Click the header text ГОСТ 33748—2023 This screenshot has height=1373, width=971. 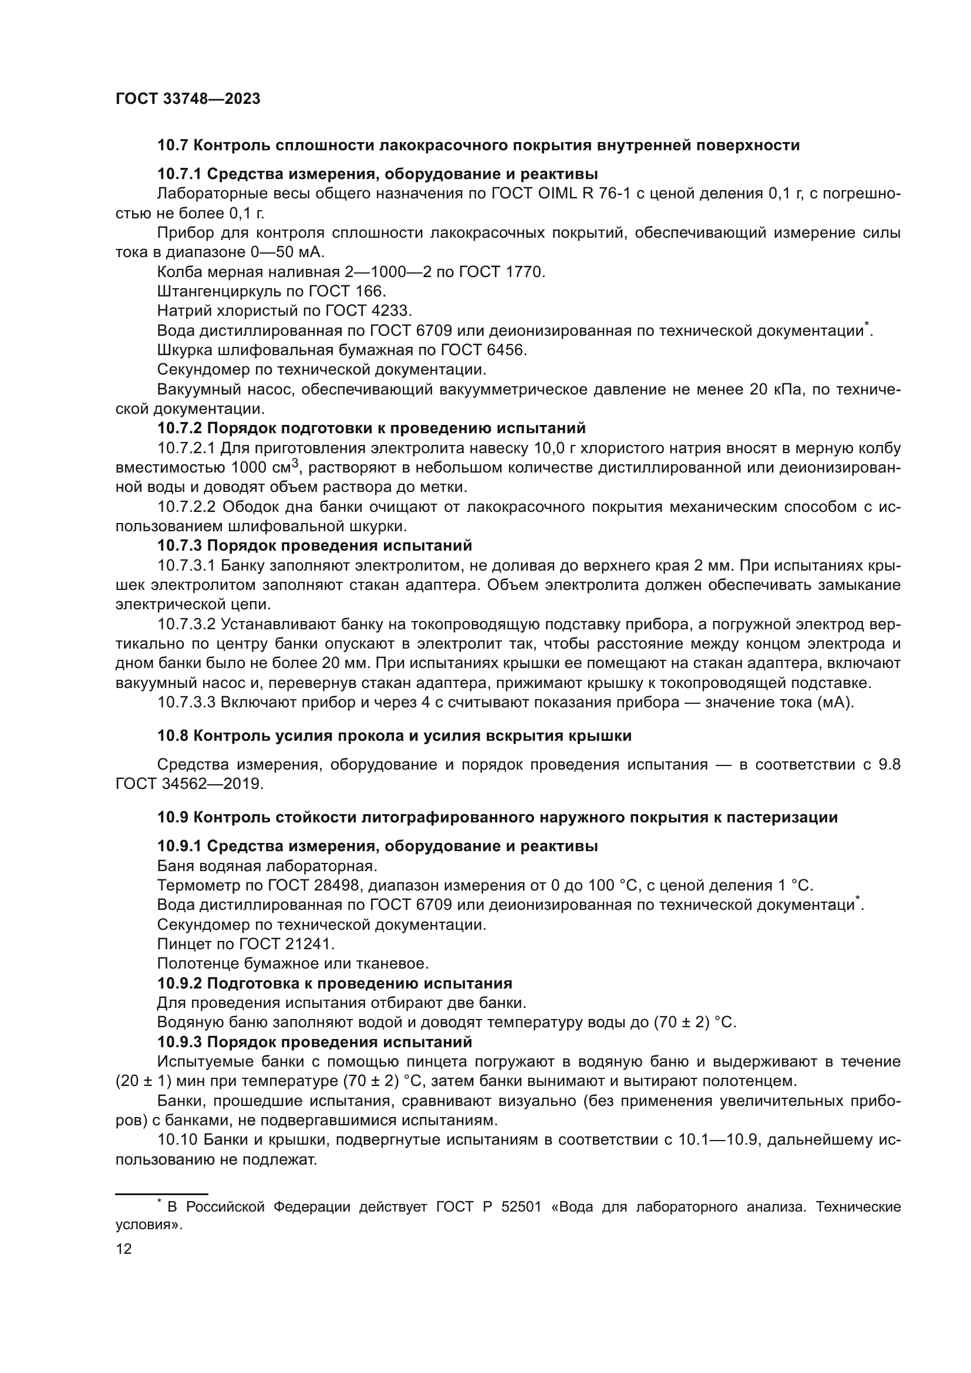tap(188, 99)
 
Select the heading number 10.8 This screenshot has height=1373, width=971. tap(171, 736)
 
